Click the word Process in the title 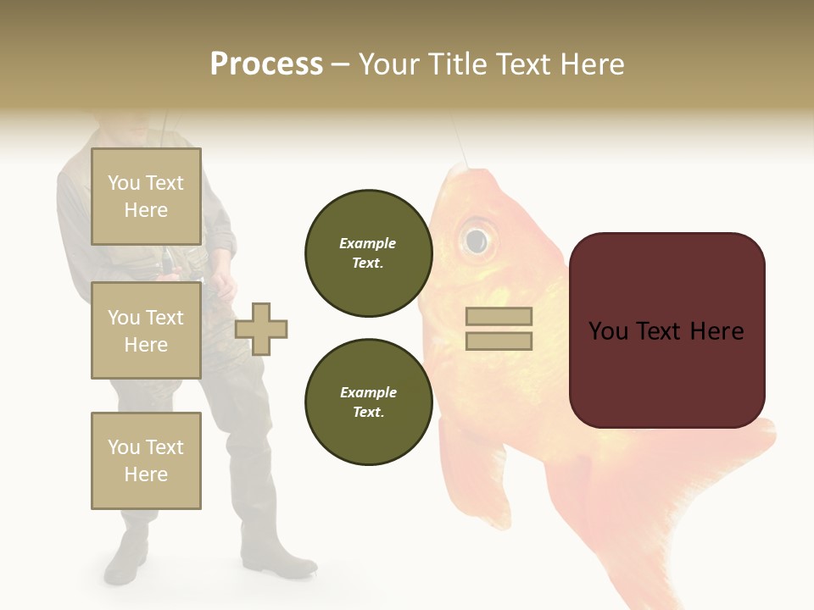tap(266, 64)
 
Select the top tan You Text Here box tap(146, 197)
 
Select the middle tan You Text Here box tap(146, 330)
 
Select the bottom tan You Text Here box tap(146, 460)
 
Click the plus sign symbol tap(261, 329)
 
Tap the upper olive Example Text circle tap(368, 253)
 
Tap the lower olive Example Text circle tap(368, 402)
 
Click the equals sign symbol tap(499, 329)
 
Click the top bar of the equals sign tap(499, 317)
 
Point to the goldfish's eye tap(477, 239)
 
